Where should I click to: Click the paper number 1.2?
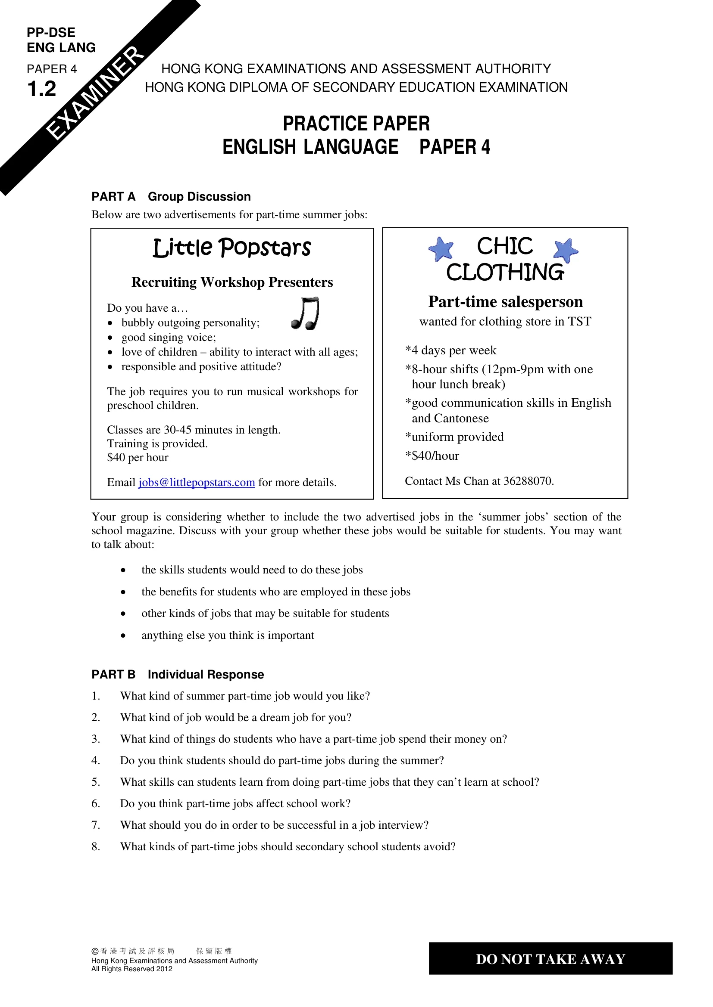[42, 89]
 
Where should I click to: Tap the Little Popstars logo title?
[232, 248]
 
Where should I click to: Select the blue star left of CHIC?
[441, 249]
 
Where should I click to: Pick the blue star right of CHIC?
[566, 250]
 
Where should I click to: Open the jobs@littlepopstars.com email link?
[197, 483]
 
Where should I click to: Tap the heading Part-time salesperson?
[505, 302]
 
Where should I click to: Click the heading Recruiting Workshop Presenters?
[232, 282]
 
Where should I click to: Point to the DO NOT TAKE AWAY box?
[550, 959]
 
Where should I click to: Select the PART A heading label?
[113, 196]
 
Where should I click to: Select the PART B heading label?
[113, 675]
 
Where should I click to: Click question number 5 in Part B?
[96, 782]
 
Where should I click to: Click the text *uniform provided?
[454, 437]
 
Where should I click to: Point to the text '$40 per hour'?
[138, 458]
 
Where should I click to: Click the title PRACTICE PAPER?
[356, 124]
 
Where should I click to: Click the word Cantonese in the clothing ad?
[461, 418]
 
